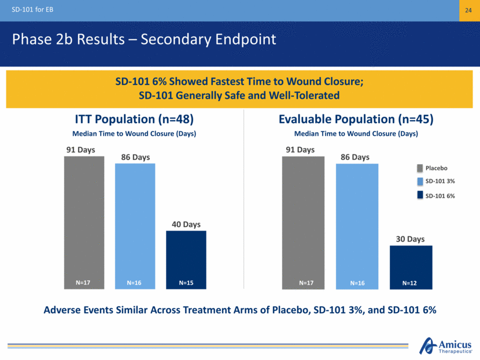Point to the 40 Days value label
(x=186, y=224)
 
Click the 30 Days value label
(x=411, y=239)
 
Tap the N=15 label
(x=186, y=283)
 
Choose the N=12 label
(x=411, y=283)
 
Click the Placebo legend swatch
(x=420, y=168)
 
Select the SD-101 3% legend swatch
(x=420, y=181)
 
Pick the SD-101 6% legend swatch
(x=420, y=195)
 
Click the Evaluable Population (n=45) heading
(x=356, y=119)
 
